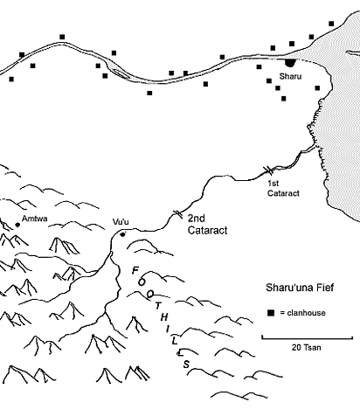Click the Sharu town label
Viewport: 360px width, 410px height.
click(x=290, y=76)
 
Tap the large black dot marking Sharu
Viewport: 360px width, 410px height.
click(x=290, y=62)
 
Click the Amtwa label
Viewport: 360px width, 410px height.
click(x=35, y=219)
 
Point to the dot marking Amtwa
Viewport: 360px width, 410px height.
click(x=17, y=225)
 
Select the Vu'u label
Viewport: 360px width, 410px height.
click(x=121, y=222)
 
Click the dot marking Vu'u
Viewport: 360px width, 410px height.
click(x=122, y=234)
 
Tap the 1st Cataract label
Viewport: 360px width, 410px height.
click(x=283, y=188)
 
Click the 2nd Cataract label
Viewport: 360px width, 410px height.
click(x=207, y=224)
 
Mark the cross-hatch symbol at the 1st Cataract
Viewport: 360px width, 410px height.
click(x=268, y=170)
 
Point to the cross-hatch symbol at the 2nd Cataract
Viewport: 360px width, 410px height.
click(x=177, y=214)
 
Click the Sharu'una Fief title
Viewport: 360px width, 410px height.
click(x=300, y=288)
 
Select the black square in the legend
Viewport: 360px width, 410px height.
click(x=271, y=313)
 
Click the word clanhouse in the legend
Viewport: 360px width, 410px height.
click(x=307, y=313)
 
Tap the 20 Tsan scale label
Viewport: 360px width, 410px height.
click(x=307, y=347)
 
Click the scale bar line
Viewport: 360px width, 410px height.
click(x=308, y=338)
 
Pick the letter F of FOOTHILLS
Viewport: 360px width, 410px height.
click(x=135, y=271)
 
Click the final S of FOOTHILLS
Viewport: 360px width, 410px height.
click(x=186, y=365)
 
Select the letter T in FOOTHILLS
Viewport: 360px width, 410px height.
click(x=158, y=306)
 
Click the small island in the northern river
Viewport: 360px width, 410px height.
click(x=120, y=73)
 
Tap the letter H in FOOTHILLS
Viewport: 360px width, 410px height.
click(x=164, y=317)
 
